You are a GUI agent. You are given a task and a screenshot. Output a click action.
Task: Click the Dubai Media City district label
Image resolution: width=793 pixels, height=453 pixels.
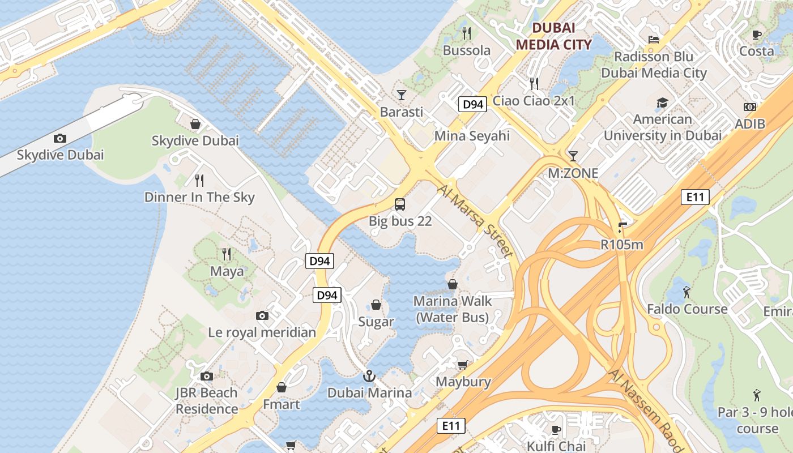tap(553, 36)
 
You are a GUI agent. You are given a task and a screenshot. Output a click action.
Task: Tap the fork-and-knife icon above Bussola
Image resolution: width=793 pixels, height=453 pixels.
tap(467, 33)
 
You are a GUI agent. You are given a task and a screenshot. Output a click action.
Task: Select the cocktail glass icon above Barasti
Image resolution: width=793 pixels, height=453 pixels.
tap(402, 95)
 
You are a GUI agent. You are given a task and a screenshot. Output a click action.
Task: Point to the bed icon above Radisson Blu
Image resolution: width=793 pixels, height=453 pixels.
tap(654, 40)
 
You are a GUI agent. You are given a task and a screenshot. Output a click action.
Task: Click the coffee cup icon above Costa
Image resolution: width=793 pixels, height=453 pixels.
tap(757, 35)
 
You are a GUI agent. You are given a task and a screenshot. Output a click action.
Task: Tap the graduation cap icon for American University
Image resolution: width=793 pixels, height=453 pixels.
tap(662, 102)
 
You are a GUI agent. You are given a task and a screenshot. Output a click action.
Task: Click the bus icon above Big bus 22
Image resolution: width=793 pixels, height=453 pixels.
tap(400, 204)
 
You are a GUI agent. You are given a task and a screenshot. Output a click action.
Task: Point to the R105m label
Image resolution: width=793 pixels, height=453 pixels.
tap(622, 245)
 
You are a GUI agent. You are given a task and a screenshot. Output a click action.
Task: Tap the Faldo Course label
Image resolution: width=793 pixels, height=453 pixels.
tap(687, 309)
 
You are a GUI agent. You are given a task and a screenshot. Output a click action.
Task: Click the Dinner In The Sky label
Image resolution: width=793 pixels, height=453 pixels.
tap(199, 197)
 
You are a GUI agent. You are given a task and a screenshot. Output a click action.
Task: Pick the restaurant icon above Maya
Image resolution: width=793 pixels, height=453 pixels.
tap(227, 254)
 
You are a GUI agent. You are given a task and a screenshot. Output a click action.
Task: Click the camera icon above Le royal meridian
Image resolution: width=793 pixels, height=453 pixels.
tap(262, 315)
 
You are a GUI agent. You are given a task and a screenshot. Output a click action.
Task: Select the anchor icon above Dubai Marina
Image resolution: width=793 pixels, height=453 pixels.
tap(369, 375)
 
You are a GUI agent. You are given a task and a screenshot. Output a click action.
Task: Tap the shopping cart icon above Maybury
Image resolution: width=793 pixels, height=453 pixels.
tap(463, 365)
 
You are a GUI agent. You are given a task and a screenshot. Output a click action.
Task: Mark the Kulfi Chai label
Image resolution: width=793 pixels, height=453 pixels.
tap(556, 446)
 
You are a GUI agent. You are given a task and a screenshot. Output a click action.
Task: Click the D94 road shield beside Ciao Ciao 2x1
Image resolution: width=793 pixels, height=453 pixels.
tap(472, 104)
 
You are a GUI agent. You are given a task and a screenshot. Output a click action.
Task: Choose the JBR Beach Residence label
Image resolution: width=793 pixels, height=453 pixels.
tap(206, 400)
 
